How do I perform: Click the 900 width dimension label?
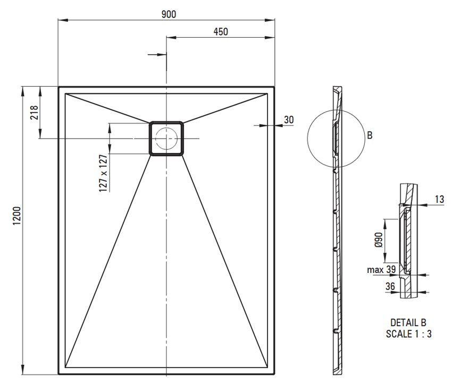point(169,14)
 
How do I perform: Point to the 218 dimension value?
point(33,113)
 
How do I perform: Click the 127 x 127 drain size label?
point(103,173)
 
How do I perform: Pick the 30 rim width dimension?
point(288,119)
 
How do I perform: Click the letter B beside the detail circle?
point(369,135)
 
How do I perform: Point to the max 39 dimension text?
point(381,270)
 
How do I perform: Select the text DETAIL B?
point(408,323)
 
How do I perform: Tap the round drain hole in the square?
point(166,139)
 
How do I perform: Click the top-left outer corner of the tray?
point(58,87)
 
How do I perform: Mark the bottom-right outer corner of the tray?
point(274,374)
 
